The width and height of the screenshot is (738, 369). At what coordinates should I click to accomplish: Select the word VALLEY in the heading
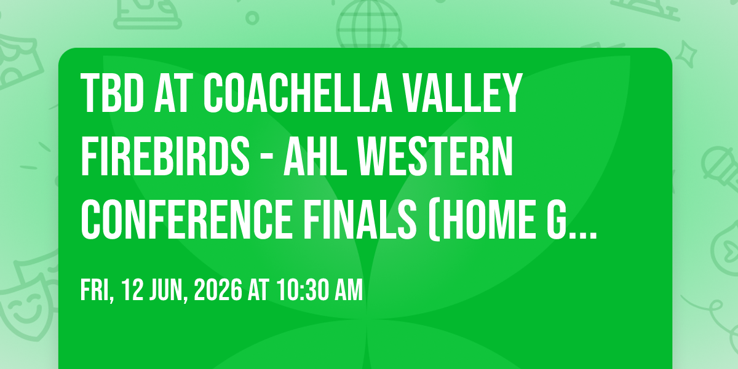tap(462, 93)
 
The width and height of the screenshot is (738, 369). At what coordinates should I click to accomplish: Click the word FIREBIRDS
tap(165, 156)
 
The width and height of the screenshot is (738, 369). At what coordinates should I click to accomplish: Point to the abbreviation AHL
tap(315, 156)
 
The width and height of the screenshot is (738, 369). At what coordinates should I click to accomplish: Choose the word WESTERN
tap(435, 156)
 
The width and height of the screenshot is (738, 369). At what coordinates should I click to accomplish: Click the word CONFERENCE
tap(186, 220)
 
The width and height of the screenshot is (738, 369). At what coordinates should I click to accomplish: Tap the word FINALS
tap(360, 220)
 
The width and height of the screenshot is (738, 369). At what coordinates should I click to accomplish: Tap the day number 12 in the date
tap(133, 290)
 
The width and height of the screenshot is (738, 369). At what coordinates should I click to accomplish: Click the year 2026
tap(218, 290)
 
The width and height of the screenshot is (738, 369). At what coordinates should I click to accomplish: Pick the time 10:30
tap(303, 290)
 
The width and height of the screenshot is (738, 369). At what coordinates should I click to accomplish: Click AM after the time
tap(349, 290)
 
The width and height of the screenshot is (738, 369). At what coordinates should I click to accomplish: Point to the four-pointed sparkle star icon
tap(686, 54)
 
